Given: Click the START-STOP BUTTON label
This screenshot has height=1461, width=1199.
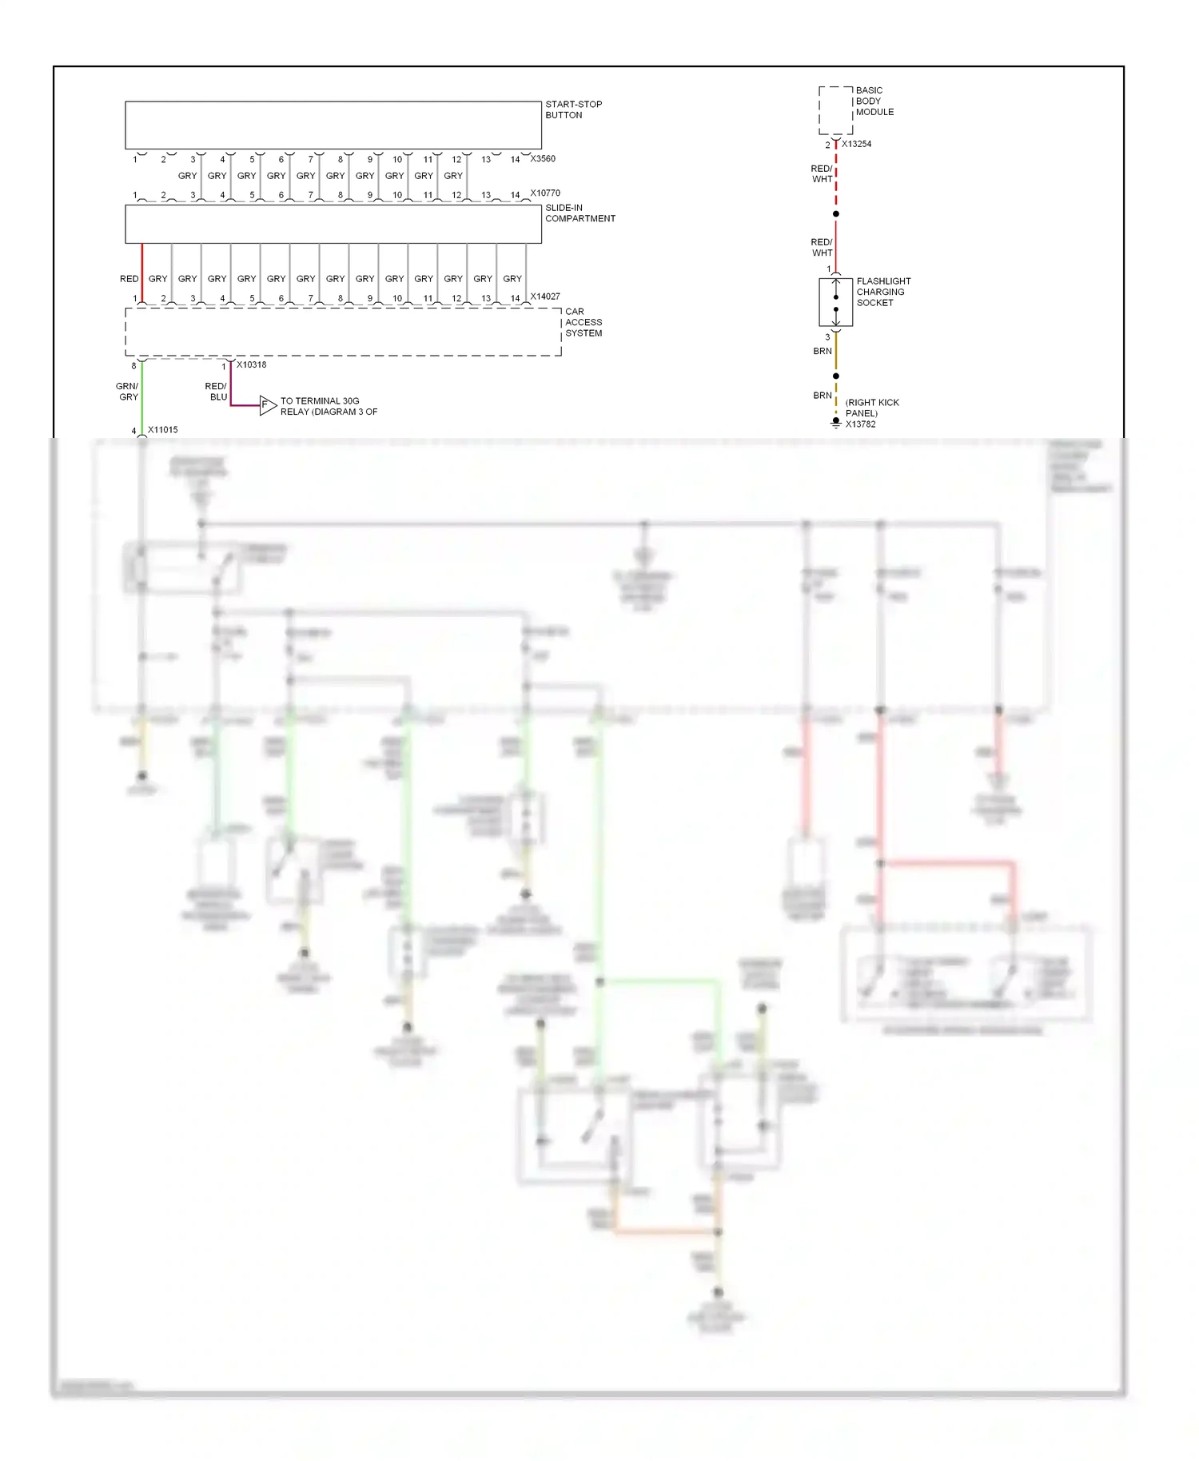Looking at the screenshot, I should [573, 109].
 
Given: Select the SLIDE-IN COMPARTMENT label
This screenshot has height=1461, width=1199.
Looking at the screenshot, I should [580, 213].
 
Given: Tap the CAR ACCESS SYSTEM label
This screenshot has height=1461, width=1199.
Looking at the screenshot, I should [584, 322].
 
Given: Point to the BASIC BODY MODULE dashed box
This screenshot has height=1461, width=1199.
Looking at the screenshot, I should [835, 110].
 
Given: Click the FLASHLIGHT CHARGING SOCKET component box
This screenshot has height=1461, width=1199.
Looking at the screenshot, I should [835, 302].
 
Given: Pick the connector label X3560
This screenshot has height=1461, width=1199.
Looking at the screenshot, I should [543, 158].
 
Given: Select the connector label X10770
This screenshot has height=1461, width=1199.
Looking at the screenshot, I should [545, 193].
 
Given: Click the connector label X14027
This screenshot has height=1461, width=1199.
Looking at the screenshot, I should [545, 296].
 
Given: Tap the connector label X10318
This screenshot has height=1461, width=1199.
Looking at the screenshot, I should [251, 364].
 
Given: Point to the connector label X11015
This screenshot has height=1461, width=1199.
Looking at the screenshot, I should [162, 429].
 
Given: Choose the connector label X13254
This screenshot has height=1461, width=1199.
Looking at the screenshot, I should [856, 144].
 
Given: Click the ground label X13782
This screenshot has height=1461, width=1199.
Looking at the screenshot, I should [860, 424].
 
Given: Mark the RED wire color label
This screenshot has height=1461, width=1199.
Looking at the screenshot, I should [129, 278].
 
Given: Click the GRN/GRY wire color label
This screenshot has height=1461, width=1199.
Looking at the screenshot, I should [128, 392].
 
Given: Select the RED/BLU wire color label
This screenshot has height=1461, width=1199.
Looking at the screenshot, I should [217, 392].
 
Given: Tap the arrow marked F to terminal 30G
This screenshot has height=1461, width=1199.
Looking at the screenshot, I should [267, 405].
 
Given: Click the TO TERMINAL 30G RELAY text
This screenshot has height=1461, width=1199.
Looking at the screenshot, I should [329, 406].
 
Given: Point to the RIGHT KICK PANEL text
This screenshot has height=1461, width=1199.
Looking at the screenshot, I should [871, 408].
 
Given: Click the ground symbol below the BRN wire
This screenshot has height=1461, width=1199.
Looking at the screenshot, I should [836, 423].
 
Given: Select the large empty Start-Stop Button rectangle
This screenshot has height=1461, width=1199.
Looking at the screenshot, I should [333, 125].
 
